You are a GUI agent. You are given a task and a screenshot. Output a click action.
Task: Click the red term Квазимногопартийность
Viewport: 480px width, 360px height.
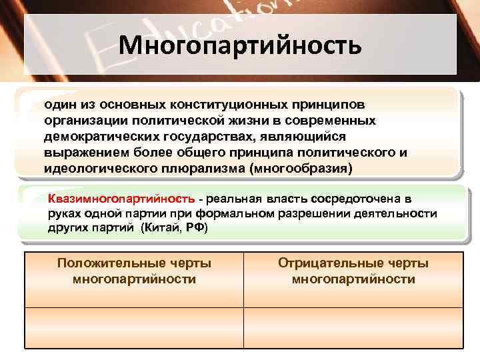pos(122,199)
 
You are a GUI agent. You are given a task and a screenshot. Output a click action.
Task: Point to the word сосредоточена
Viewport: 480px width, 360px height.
pos(352,199)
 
